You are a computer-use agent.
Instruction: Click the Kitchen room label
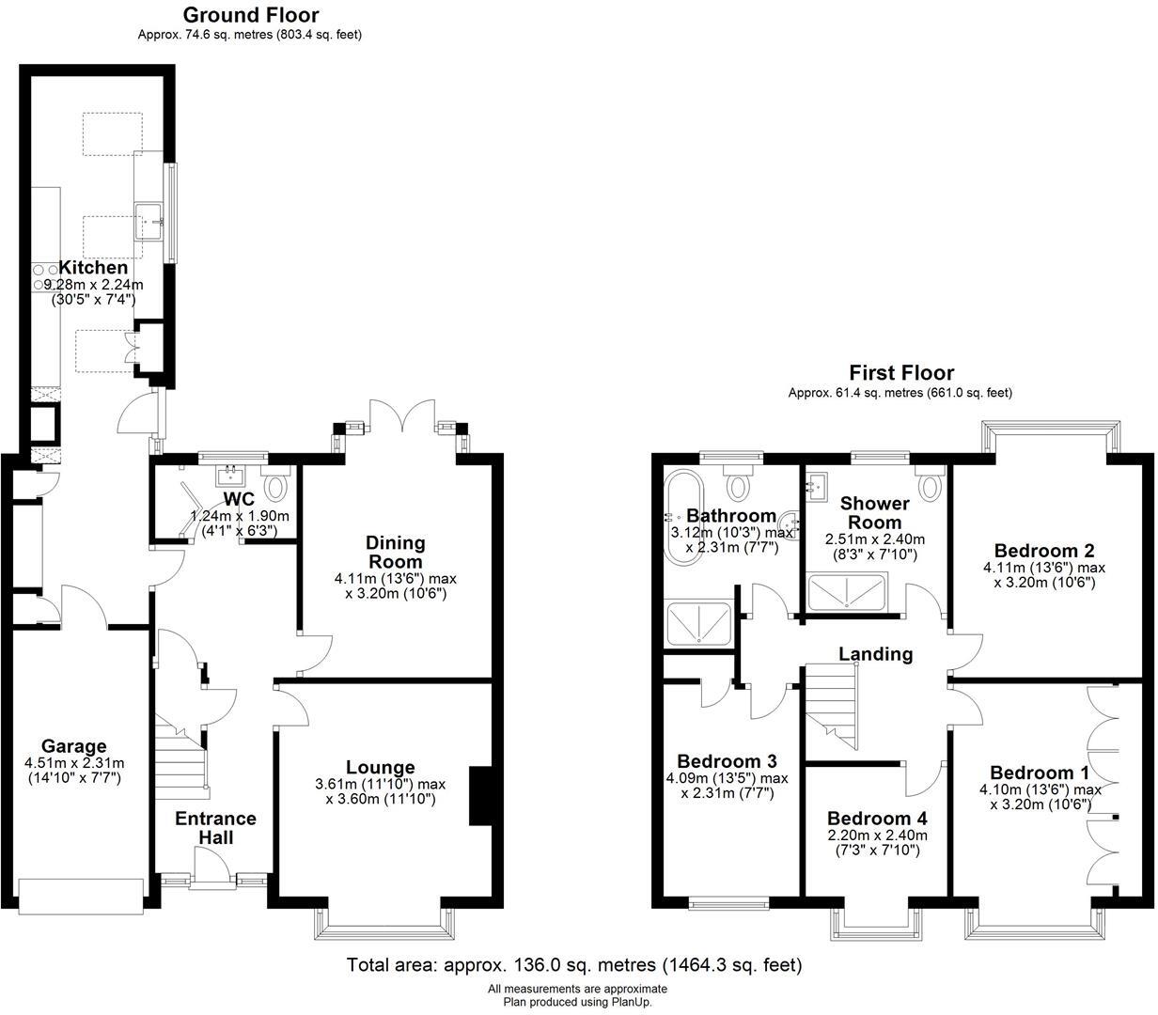93,268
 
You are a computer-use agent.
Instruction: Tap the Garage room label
74,746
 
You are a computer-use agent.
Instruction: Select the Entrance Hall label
215,827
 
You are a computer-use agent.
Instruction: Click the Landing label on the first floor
875,653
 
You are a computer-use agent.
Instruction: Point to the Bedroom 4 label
877,818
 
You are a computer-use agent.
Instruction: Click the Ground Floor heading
250,15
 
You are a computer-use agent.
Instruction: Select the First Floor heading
900,373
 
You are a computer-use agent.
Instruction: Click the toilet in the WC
276,486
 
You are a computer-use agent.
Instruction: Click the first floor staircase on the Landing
832,705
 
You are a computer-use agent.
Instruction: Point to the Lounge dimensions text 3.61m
381,784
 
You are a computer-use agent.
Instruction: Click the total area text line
573,964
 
